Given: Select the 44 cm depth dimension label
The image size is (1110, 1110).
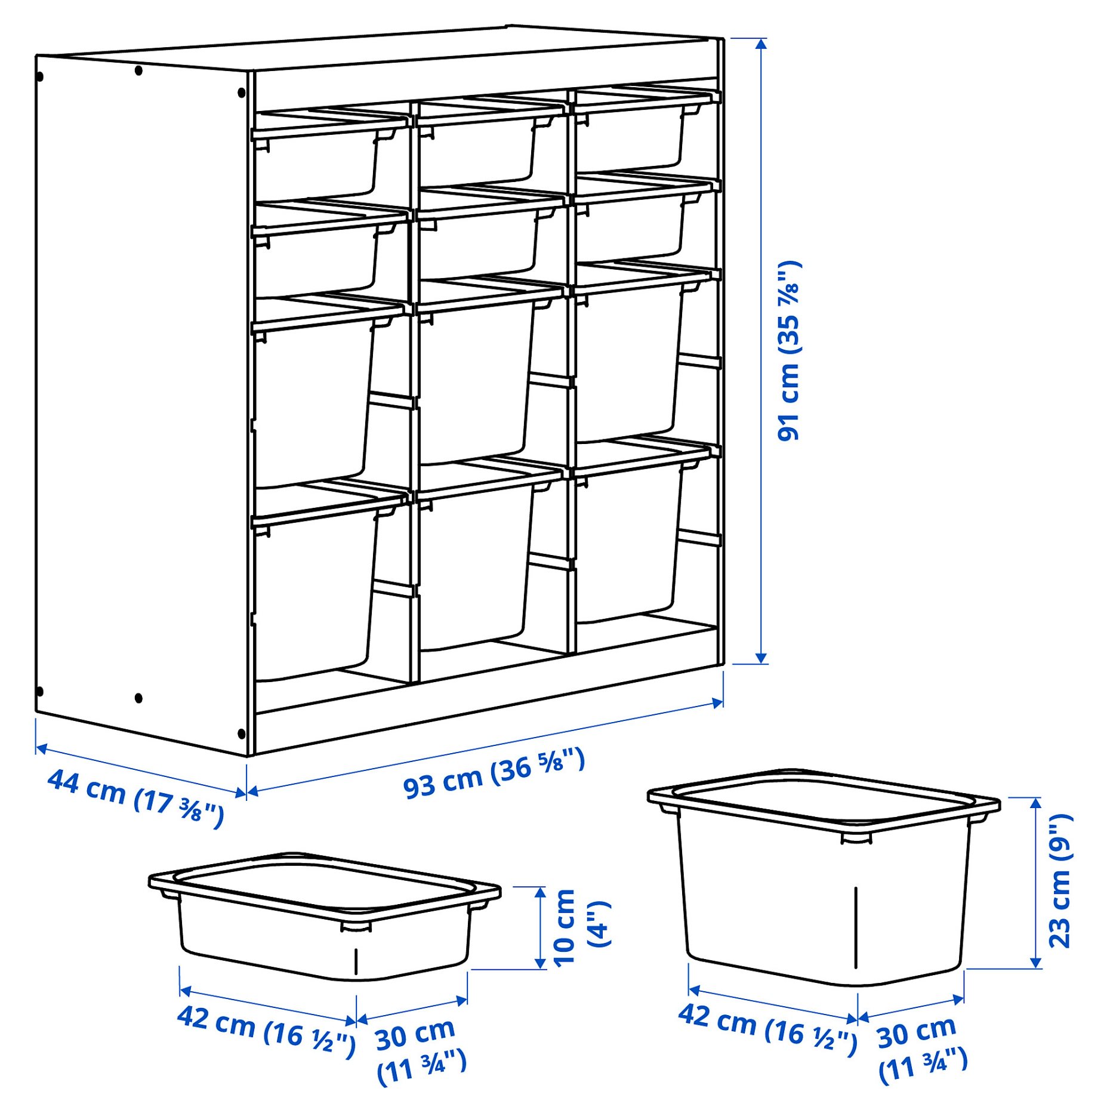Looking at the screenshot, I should (x=135, y=798).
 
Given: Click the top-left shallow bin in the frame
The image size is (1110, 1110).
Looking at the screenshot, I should (x=316, y=161).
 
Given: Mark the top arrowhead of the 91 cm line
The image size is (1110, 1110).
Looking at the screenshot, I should (x=761, y=44).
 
